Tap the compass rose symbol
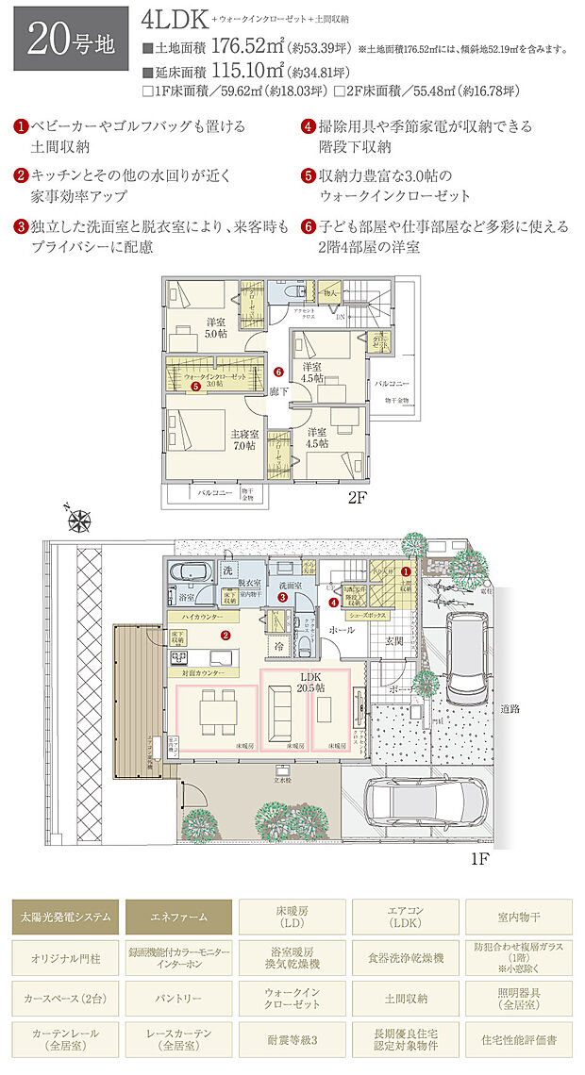point(80,518)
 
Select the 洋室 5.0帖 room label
point(217,326)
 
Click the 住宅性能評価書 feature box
point(518,1039)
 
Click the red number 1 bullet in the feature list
point(21,125)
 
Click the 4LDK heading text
point(174,19)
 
